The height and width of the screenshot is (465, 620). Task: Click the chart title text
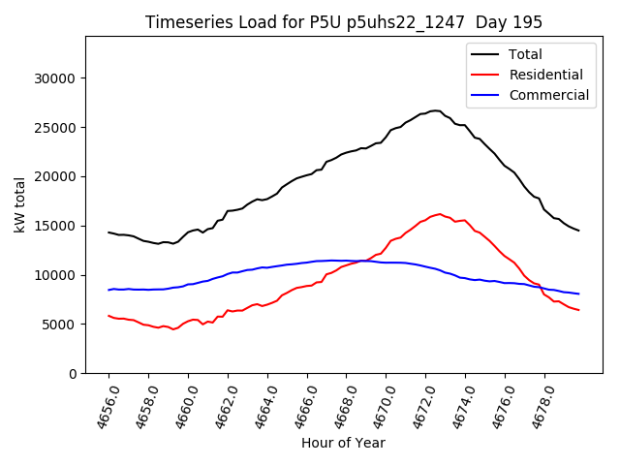(344, 22)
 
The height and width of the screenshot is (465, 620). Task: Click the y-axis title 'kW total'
(20, 204)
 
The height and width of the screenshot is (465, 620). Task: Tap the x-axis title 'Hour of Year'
(343, 443)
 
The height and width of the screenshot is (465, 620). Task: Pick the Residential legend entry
(545, 75)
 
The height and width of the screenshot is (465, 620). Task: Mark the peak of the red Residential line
(440, 214)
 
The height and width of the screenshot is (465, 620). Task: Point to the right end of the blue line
(579, 294)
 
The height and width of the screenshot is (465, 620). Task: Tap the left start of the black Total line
(108, 232)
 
